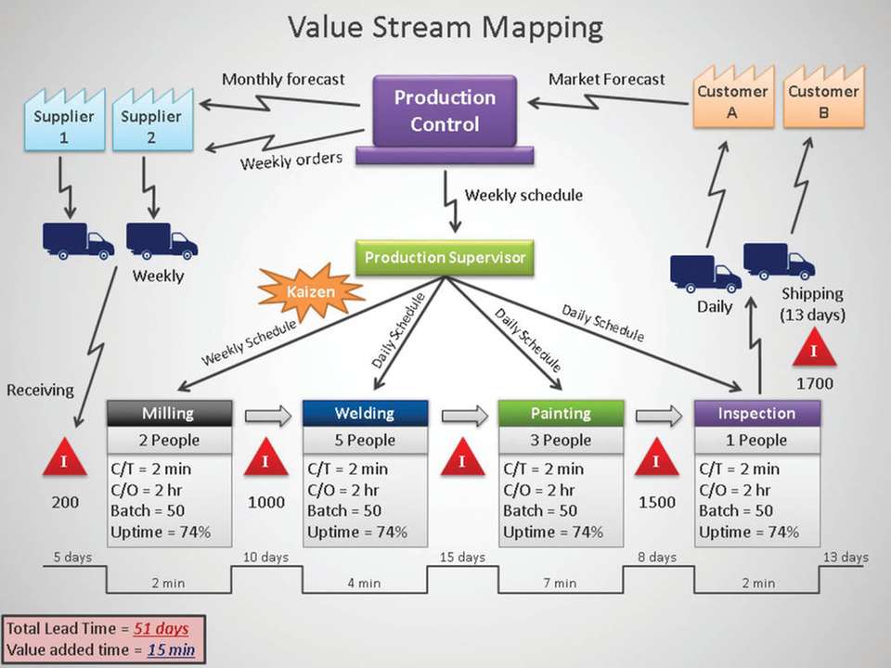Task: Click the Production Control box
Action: [x=445, y=110]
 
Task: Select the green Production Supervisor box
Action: [x=445, y=257]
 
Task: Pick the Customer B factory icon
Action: [x=822, y=98]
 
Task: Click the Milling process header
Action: [x=168, y=413]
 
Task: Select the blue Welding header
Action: [x=365, y=413]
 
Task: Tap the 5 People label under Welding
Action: [x=365, y=440]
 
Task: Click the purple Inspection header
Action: [x=756, y=413]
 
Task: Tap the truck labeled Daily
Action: [x=705, y=275]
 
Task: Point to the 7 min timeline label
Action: [x=560, y=583]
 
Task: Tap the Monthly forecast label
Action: [x=283, y=80]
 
